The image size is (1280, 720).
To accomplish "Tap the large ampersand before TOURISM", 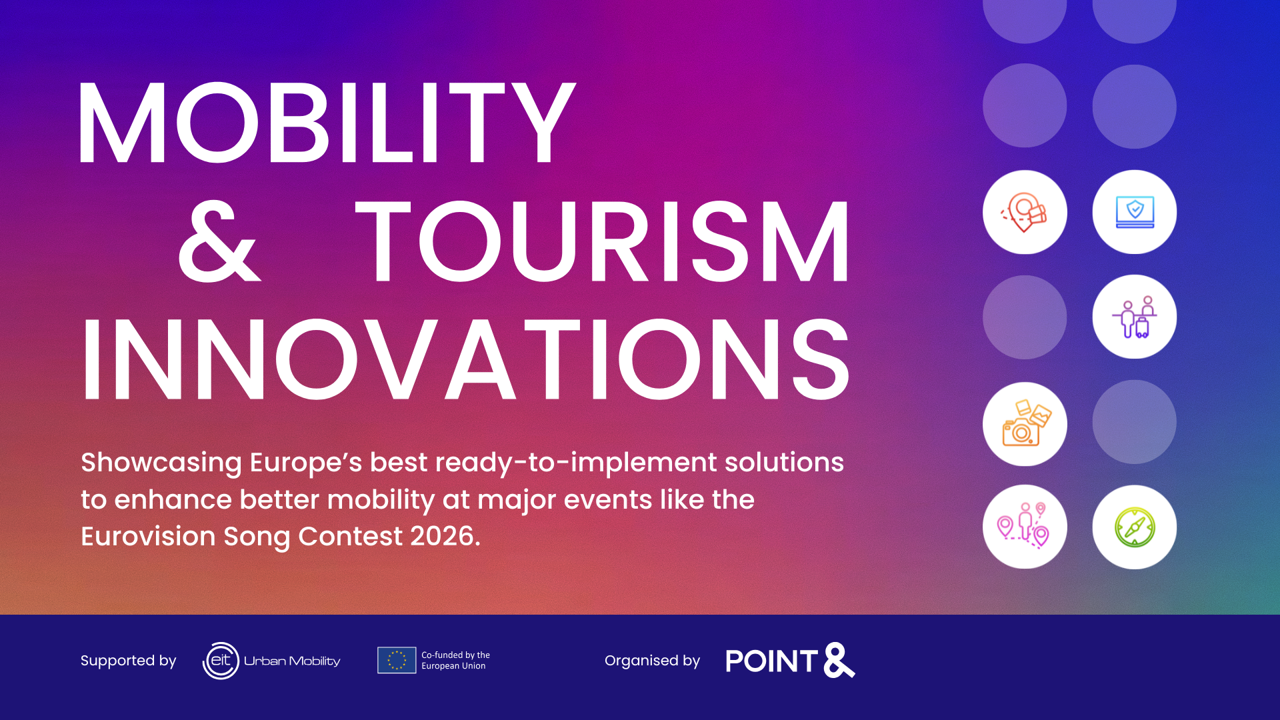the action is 219,241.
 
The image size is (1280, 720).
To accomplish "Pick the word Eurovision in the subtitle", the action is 148,536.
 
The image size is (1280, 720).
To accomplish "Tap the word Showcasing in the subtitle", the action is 161,463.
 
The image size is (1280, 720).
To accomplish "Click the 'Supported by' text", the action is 128,661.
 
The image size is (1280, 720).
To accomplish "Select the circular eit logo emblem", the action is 221,661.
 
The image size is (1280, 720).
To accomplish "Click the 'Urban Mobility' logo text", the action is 292,661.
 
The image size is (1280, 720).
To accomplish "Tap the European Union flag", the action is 397,660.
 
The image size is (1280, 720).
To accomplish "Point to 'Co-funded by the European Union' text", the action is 455,660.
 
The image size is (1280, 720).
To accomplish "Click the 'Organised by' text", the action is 652,661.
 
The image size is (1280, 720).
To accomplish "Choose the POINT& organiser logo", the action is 790,661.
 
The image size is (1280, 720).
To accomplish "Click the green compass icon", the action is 1135,527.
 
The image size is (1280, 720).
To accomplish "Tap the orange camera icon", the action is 1026,423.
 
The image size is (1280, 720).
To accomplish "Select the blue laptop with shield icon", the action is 1135,212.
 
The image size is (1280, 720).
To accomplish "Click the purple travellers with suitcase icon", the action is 1135,317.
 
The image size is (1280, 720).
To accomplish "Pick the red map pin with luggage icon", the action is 1024,212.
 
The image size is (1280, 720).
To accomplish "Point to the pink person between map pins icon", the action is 1023,526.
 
